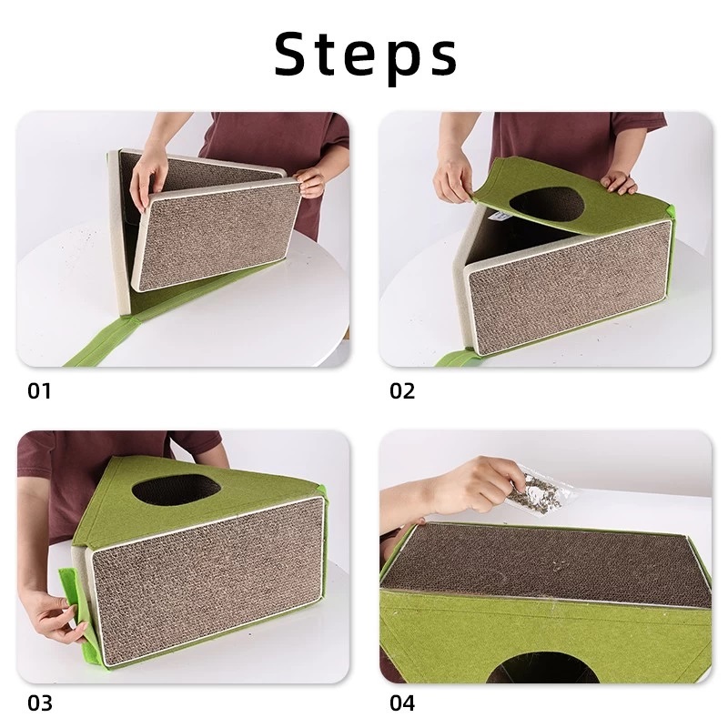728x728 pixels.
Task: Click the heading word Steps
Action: pos(366,55)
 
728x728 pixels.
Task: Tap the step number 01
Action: pos(39,391)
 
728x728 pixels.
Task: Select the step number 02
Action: pos(402,391)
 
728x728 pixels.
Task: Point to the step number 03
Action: pos(39,703)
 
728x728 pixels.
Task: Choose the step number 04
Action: pos(402,703)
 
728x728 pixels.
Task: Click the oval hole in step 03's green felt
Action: pos(176,490)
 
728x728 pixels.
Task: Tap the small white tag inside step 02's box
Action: pos(499,217)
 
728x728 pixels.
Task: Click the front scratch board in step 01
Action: pos(218,237)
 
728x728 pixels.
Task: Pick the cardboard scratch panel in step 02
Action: pos(569,286)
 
